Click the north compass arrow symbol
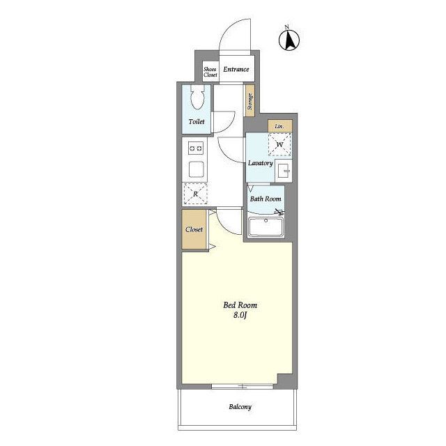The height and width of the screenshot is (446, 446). tap(289, 39)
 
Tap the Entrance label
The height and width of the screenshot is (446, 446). tap(236, 69)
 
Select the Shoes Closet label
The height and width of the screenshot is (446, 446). tap(210, 72)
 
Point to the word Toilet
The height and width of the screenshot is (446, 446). tap(197, 121)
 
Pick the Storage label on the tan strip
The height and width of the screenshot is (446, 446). tap(250, 101)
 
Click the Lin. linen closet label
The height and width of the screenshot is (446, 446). tap(279, 127)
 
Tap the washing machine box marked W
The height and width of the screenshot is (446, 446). tap(280, 145)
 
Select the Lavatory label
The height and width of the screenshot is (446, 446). tap(260, 163)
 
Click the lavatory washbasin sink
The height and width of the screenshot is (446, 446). tap(284, 171)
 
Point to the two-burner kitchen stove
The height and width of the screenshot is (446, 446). tap(196, 148)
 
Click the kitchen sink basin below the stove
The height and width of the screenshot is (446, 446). tap(196, 169)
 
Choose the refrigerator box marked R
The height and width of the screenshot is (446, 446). tap(195, 194)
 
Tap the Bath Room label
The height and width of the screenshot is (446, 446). tap(266, 199)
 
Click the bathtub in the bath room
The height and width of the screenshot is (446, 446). tap(266, 227)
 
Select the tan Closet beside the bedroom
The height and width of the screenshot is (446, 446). tap(194, 229)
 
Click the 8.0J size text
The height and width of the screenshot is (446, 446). tap(240, 315)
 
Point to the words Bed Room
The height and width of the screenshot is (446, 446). tap(240, 305)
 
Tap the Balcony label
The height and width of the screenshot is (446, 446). tap(240, 407)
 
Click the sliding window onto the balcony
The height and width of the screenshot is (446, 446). tap(243, 386)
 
